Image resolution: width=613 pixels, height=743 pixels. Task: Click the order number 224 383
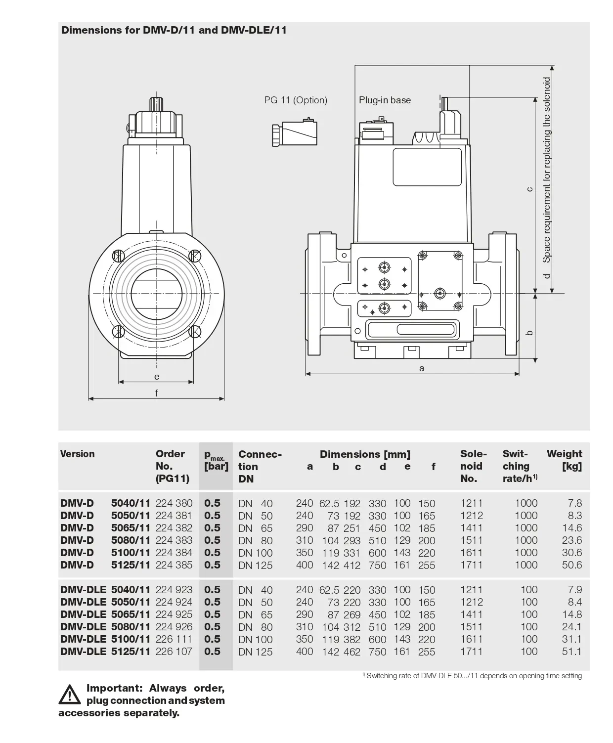click(174, 540)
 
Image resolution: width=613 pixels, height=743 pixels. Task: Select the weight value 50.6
click(571, 565)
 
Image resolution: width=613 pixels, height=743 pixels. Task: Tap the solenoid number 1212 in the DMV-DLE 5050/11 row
click(471, 602)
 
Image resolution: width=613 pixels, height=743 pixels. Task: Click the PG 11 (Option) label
click(296, 100)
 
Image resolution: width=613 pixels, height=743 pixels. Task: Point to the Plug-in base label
click(385, 100)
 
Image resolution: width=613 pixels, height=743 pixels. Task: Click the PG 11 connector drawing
click(294, 132)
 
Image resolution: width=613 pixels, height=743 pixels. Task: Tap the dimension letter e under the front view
click(157, 377)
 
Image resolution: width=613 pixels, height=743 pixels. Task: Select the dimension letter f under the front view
click(157, 393)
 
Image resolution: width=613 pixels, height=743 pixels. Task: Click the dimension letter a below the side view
click(422, 368)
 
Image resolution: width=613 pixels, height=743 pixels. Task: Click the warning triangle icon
click(69, 694)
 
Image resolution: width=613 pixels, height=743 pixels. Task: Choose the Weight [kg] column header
click(564, 460)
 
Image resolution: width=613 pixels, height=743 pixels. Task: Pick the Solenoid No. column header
click(473, 466)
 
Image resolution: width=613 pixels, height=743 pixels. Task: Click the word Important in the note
click(114, 688)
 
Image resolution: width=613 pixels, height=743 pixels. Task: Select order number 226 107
click(174, 652)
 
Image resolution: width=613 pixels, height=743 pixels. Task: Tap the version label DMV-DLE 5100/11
click(105, 639)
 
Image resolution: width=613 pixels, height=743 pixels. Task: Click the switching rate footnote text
click(474, 676)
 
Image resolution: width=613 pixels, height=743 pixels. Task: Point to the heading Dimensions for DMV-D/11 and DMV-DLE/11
click(174, 30)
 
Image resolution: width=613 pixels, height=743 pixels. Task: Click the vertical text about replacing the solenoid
click(546, 170)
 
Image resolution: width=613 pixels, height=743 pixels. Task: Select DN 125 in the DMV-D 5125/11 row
click(255, 565)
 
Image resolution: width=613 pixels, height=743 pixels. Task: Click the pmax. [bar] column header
click(216, 461)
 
